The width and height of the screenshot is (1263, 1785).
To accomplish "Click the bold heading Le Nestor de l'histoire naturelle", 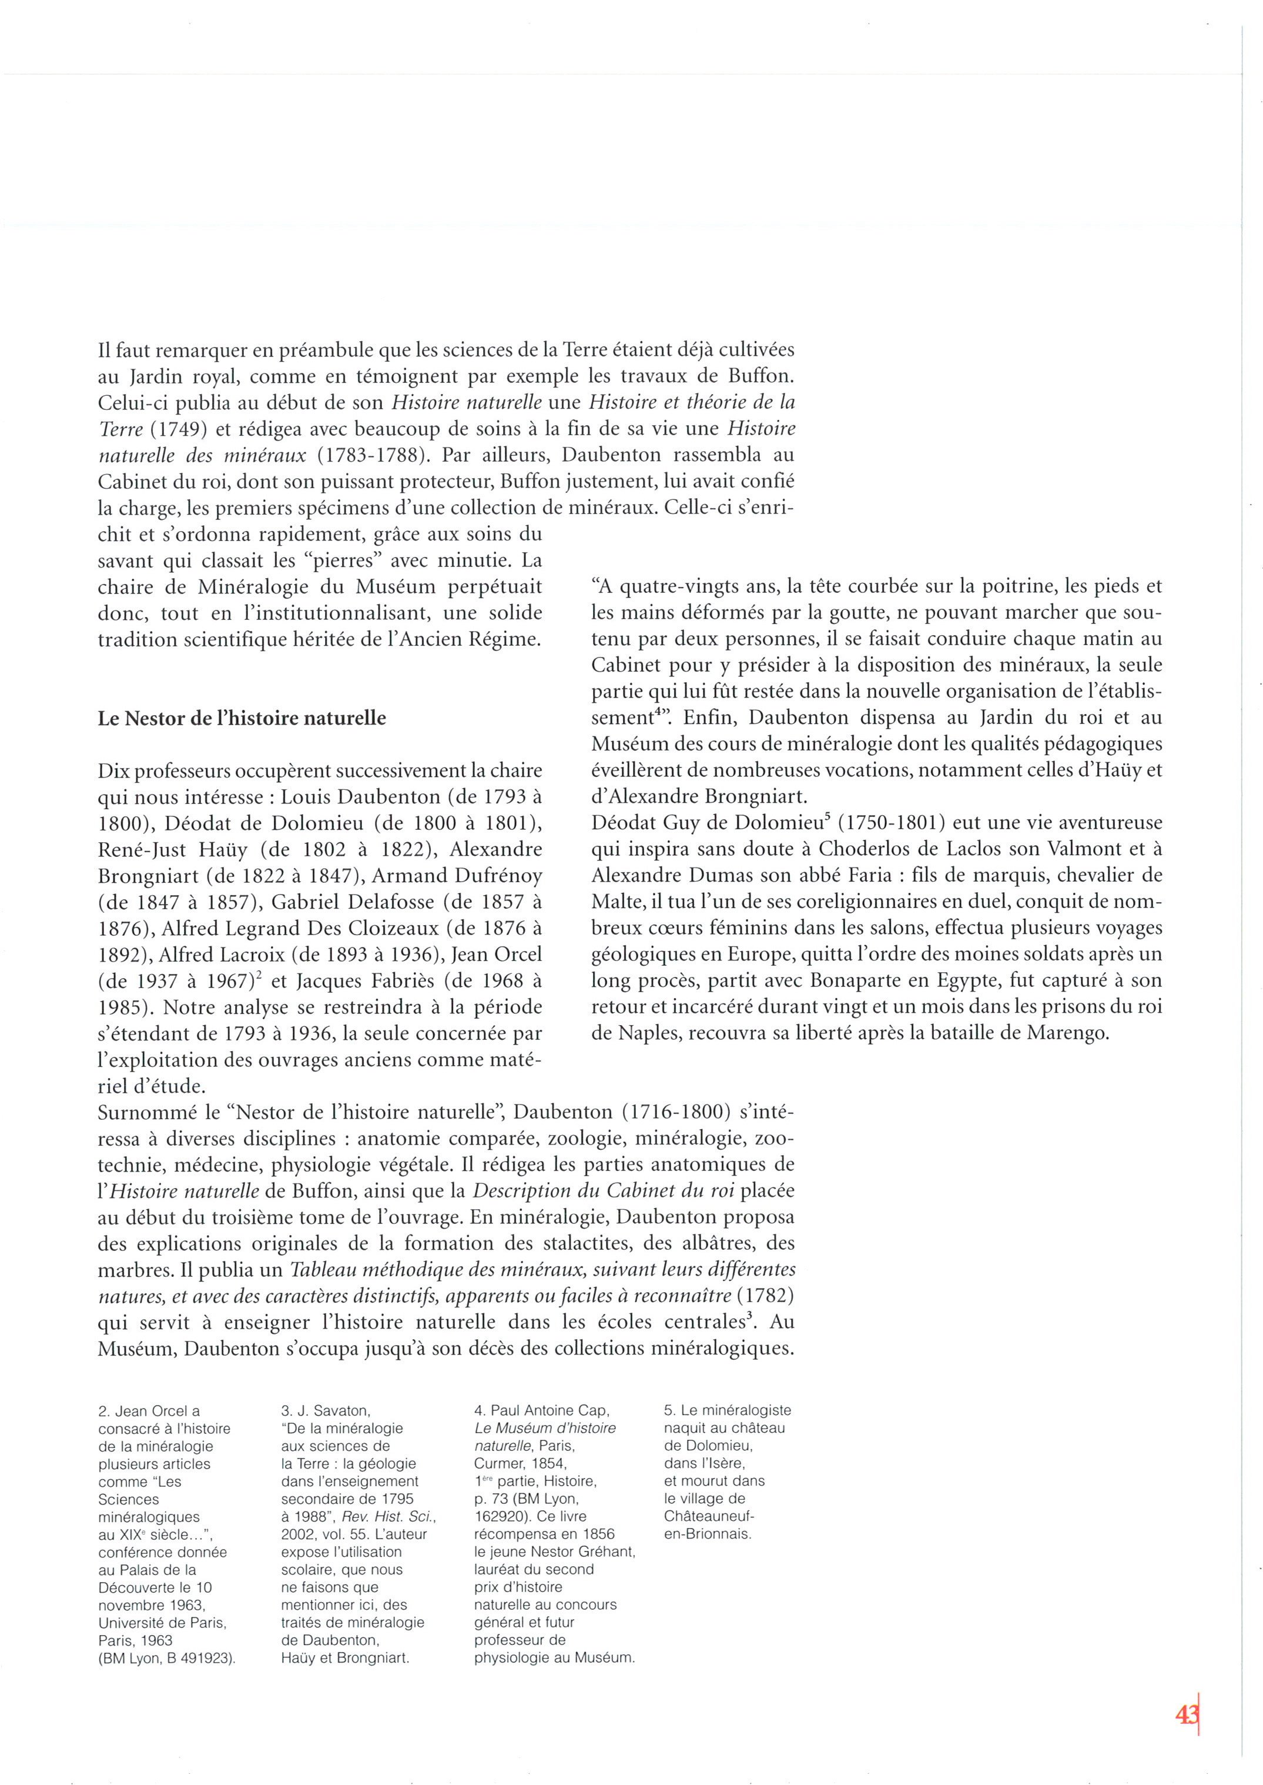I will pos(242,718).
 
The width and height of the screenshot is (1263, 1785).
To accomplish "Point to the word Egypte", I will pos(962,980).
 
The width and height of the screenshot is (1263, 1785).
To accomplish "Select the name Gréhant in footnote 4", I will pos(607,1552).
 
